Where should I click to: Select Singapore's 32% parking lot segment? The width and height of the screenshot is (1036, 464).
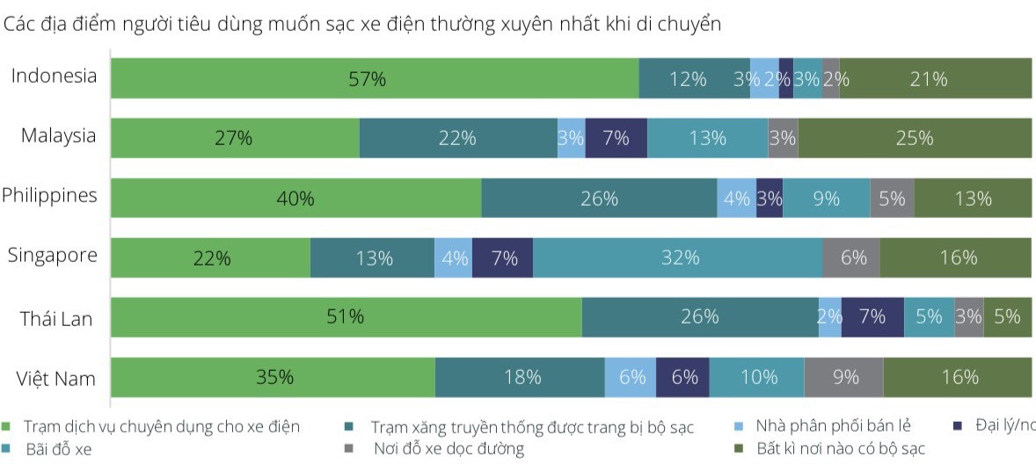(x=678, y=257)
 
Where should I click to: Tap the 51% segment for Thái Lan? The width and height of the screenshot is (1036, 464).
(x=347, y=316)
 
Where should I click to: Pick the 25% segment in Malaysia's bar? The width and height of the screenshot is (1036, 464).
(x=915, y=138)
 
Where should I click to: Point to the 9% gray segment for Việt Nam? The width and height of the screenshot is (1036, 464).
(x=843, y=377)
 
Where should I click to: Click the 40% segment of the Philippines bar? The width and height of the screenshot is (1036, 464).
(x=296, y=198)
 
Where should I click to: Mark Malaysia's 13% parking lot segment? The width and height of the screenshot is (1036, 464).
(x=707, y=138)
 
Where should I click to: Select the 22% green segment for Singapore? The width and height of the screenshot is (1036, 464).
(x=211, y=257)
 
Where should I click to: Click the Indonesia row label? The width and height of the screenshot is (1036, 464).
(x=54, y=76)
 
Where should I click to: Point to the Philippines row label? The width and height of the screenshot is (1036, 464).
(x=49, y=195)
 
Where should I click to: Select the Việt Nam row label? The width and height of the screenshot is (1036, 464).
(x=56, y=379)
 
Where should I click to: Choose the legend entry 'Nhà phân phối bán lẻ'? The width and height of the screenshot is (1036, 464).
(x=832, y=427)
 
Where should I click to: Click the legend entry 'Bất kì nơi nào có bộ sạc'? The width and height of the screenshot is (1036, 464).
(x=840, y=449)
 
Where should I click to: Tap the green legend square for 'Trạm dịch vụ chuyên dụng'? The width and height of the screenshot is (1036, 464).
(x=7, y=427)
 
